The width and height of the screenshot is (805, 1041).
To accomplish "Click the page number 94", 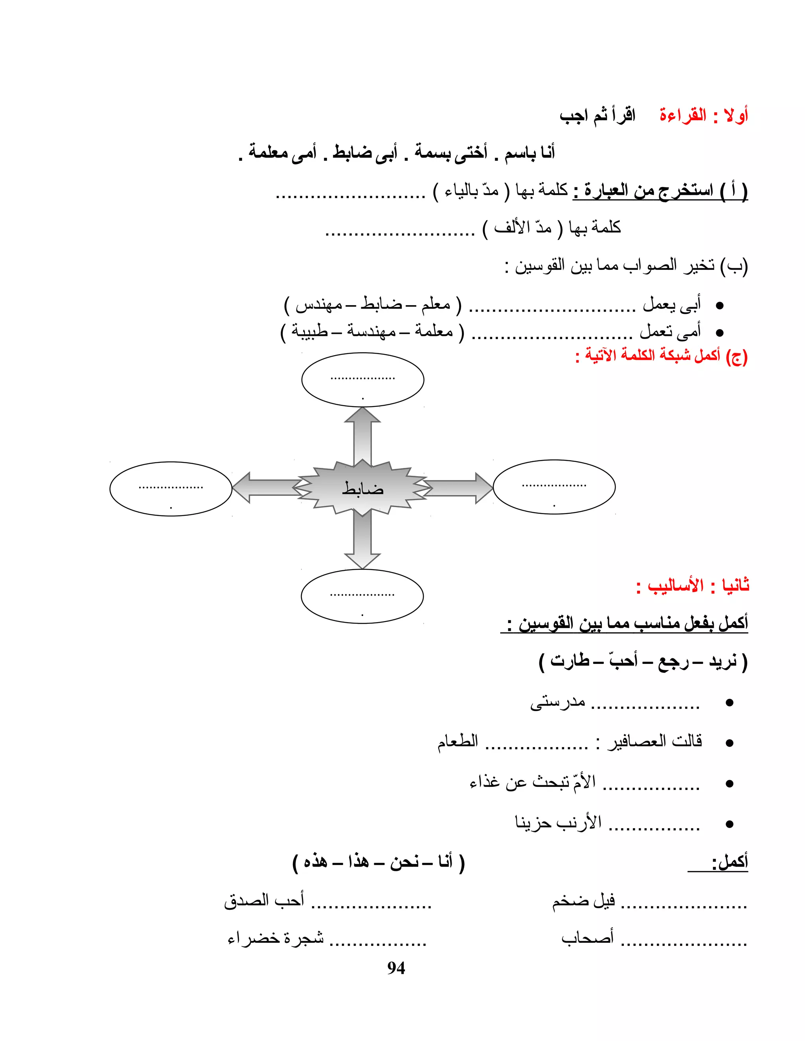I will tap(396, 968).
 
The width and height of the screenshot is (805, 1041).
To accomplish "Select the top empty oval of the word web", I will tap(362, 380).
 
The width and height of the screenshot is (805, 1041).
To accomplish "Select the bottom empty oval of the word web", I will tap(362, 596).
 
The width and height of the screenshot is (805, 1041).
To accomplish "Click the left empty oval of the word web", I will tap(171, 489).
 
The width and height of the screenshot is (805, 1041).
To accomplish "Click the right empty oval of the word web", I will tap(554, 487).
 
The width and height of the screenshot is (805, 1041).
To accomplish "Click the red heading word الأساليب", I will tap(675, 585).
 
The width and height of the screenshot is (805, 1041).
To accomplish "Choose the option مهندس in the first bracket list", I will tap(318, 304).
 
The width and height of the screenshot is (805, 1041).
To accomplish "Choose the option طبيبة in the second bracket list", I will tap(309, 331).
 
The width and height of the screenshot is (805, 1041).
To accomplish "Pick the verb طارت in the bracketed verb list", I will tap(570, 661).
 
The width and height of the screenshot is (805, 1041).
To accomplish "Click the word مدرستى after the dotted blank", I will tap(557, 703).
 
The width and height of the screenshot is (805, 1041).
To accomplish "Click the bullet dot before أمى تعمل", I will tap(720, 333).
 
